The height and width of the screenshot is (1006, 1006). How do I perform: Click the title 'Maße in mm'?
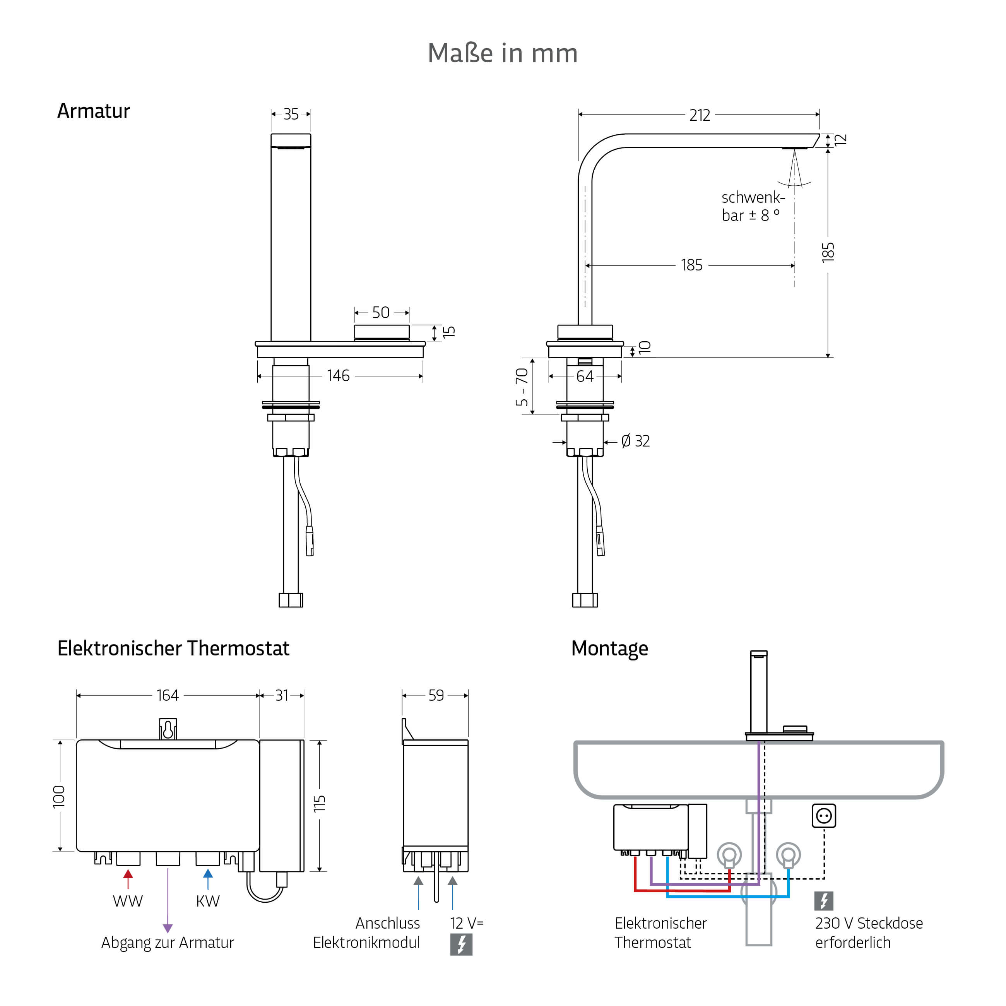pos(503,53)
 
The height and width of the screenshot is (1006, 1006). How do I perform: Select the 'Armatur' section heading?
pos(93,111)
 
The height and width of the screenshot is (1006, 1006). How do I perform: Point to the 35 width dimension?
pos(291,114)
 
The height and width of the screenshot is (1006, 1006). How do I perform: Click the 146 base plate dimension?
pos(339,375)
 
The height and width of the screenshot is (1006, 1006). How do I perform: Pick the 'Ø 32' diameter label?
pos(636,441)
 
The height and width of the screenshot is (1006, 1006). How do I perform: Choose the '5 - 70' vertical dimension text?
pos(522,387)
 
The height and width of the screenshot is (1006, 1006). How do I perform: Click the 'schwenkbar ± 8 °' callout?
pos(753,206)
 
